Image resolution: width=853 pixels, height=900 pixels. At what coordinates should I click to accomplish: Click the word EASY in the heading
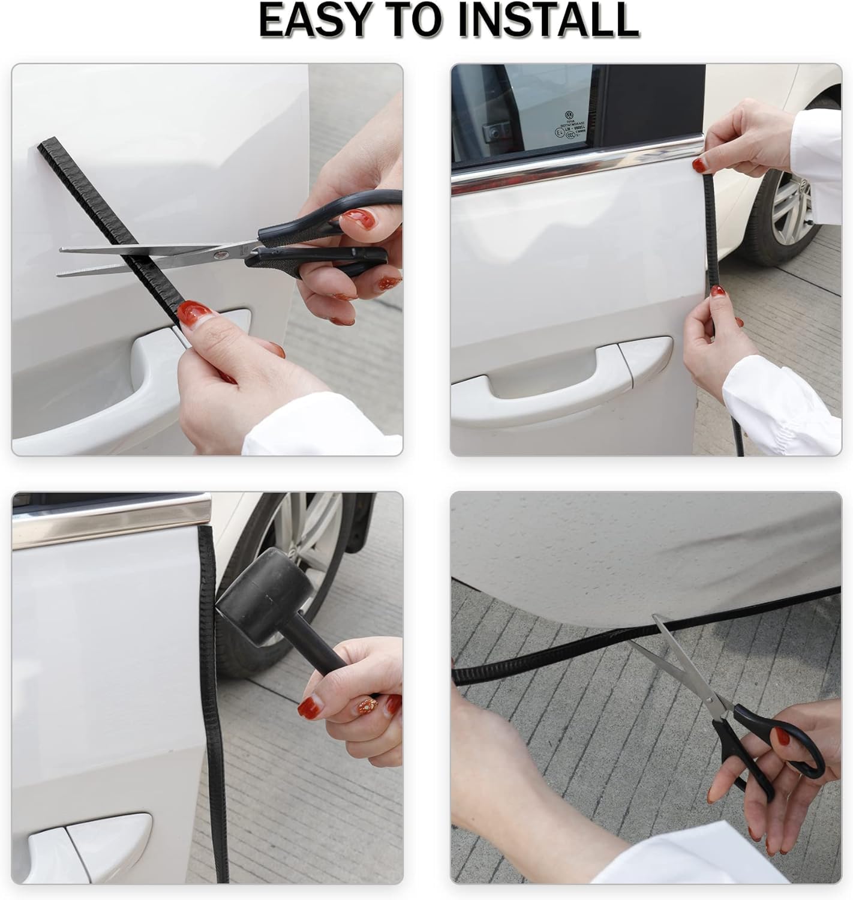pos(316,20)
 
